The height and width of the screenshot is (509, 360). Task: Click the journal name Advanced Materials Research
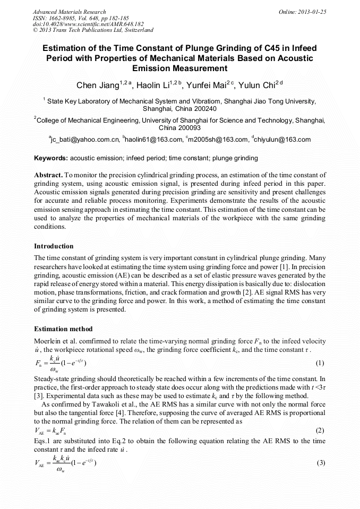[x=69, y=11]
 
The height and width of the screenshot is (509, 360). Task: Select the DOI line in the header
[x=81, y=24]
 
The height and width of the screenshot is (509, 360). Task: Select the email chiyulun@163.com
[x=283, y=140]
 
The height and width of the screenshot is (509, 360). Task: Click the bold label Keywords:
[x=51, y=158]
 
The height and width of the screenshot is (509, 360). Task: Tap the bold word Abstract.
[x=48, y=175]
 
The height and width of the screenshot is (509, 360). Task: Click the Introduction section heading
[x=54, y=246]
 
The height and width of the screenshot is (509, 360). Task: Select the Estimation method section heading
[x=63, y=329]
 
